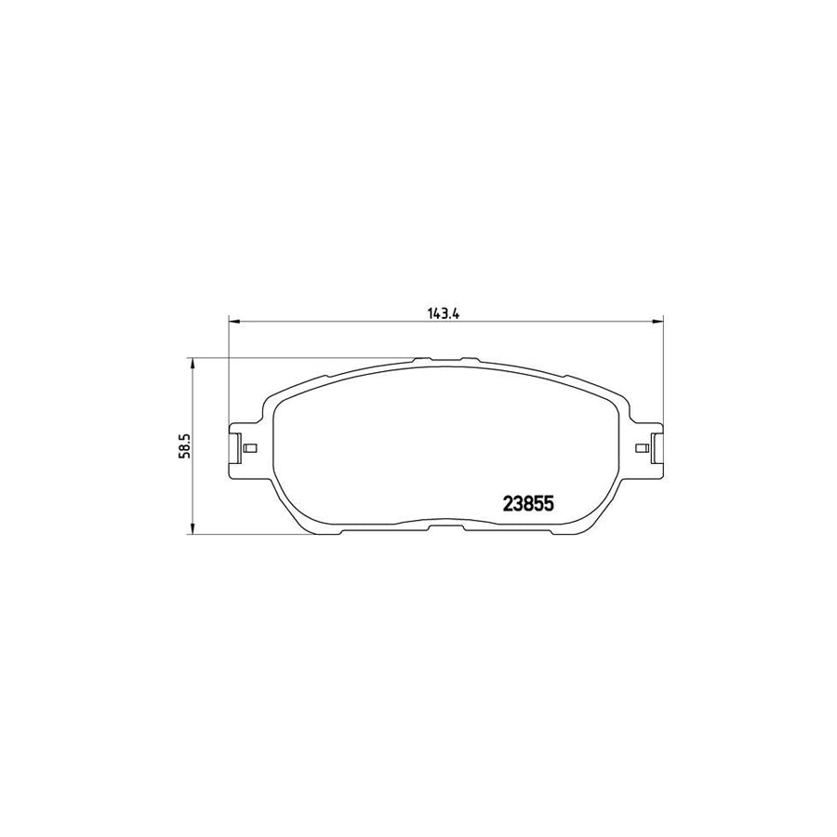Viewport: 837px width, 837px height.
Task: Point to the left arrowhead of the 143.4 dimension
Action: pos(233,322)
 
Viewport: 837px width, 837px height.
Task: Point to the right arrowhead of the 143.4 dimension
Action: pos(658,322)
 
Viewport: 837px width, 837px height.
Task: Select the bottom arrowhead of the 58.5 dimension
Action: pos(193,529)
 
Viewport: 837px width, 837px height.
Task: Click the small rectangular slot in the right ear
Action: pos(640,448)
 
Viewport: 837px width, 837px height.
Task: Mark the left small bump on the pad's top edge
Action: pos(420,360)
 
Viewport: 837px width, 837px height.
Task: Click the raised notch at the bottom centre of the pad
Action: pos(445,526)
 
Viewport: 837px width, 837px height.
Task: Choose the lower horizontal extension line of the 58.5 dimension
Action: pos(260,535)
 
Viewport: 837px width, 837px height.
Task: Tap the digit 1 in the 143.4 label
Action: pos(432,313)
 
